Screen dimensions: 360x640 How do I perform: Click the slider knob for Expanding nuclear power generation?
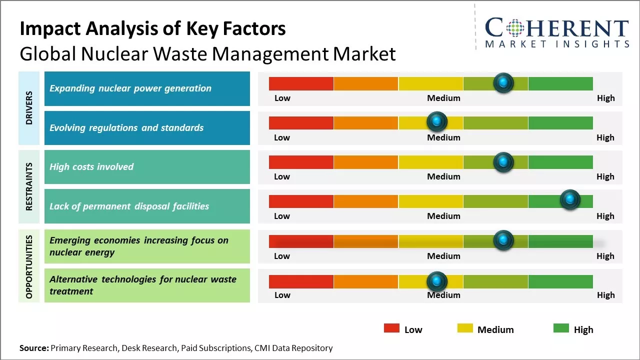pos(503,82)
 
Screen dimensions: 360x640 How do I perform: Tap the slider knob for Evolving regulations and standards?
pos(437,121)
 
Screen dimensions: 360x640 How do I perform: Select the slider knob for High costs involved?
pos(503,161)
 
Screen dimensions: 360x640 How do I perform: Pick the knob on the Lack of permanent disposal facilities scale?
pos(569,200)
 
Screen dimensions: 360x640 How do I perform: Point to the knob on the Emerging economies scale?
pos(503,240)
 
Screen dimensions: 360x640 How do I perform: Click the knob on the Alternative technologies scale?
pos(437,281)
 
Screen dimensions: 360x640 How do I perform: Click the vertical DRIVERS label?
pos(29,108)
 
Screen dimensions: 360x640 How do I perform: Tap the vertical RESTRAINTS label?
pos(29,186)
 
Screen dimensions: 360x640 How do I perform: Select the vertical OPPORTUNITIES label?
pos(29,266)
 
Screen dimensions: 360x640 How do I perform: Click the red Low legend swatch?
pos(391,328)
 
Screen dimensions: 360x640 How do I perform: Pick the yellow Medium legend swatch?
pos(465,328)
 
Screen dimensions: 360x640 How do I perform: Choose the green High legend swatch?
pos(561,328)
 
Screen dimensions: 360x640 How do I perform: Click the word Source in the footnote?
pos(33,348)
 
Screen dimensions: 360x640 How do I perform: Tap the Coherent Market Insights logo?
pos(556,33)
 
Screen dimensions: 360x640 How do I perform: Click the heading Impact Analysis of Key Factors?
pos(152,28)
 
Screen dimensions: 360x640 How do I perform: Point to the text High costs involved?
pos(91,167)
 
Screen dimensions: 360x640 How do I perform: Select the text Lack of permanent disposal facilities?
pos(129,206)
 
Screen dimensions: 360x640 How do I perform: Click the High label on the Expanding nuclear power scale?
pos(605,98)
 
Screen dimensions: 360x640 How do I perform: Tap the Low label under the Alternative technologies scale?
pos(282,295)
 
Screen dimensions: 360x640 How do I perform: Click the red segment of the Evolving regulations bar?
pos(301,122)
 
